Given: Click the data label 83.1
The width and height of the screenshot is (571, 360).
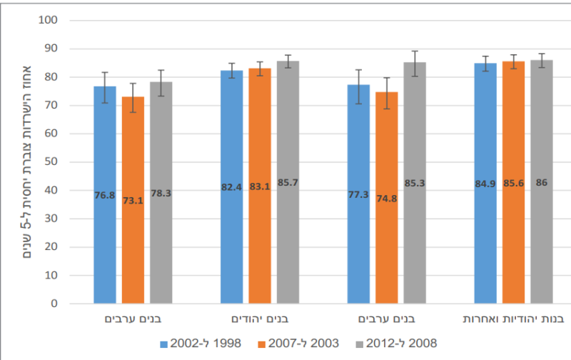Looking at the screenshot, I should click(260, 187).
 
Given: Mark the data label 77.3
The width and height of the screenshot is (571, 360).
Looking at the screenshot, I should click(358, 194).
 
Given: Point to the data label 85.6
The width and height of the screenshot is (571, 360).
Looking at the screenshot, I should click(513, 184).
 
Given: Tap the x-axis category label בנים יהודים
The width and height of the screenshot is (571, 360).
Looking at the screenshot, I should click(260, 318).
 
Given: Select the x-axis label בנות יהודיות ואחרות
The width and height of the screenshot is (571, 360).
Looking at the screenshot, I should click(513, 318).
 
